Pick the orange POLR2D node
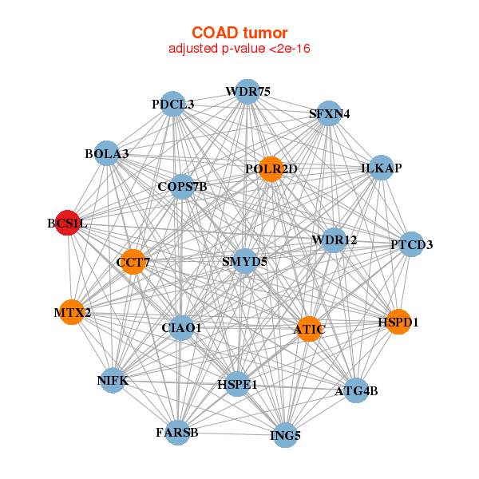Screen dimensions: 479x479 271,168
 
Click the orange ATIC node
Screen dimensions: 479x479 309,328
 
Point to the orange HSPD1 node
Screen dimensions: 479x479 398,322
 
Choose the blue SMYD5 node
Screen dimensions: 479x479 244,260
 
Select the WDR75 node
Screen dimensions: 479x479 247,92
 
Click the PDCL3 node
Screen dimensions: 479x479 173,104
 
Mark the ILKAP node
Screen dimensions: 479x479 381,168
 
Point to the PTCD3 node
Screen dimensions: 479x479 411,243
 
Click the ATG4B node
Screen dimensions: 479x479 356,390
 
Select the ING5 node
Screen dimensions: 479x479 285,436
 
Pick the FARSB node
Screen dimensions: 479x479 176,432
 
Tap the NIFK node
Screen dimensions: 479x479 113,381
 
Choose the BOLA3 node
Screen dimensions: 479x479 107,152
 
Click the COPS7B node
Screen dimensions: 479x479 182,187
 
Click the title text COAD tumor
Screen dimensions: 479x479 239,33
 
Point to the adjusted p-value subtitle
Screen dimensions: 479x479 239,49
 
